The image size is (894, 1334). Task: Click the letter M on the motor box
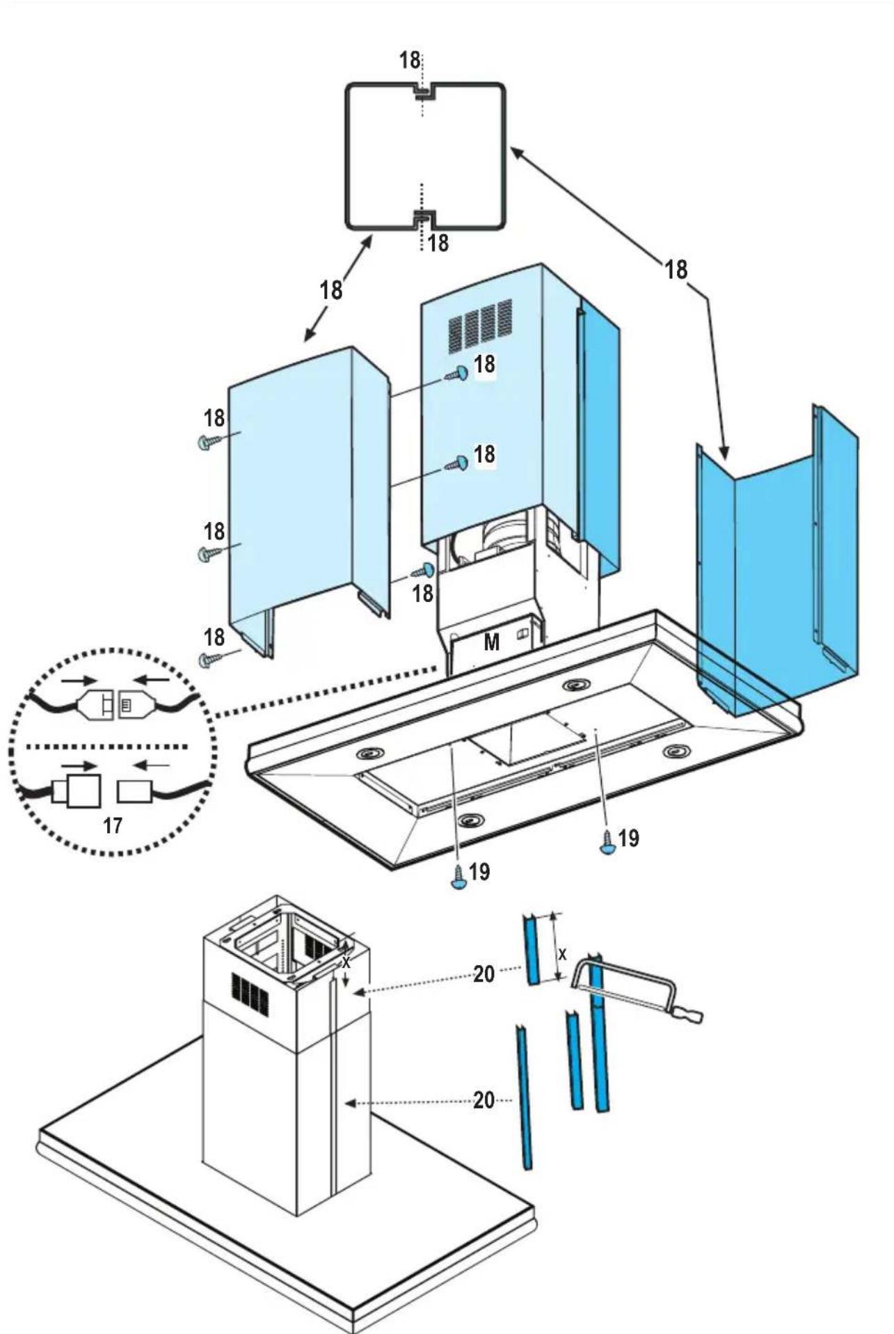(x=491, y=642)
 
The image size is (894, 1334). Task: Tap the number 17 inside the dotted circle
(x=113, y=825)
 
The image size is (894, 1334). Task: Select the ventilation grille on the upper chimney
(x=479, y=324)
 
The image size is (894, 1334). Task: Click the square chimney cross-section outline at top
(x=425, y=156)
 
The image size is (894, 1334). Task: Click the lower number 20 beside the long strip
(x=484, y=1100)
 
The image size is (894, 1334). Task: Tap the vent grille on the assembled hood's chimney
(x=250, y=994)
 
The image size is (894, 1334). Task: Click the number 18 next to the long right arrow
(x=676, y=269)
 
